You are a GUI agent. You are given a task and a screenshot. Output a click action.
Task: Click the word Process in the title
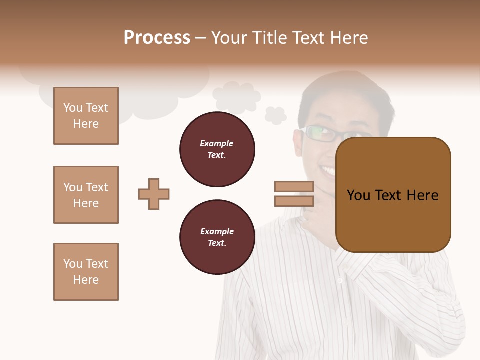click(157, 38)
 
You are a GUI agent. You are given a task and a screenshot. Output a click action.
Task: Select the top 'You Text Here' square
click(86, 116)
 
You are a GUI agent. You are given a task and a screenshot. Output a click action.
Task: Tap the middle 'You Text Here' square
click(86, 195)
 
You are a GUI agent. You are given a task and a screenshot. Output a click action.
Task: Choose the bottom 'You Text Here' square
click(86, 272)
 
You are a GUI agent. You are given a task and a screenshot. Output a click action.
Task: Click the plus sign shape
click(154, 194)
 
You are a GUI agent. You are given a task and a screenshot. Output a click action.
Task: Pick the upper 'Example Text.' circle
click(217, 149)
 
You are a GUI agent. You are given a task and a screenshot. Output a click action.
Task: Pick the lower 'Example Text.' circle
click(217, 237)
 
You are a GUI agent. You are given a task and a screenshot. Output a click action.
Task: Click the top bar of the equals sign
click(294, 186)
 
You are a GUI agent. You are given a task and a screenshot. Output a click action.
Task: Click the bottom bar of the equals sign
click(294, 201)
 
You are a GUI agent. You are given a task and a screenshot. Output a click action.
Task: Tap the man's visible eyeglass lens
click(318, 133)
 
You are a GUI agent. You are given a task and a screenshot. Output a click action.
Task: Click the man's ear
click(298, 142)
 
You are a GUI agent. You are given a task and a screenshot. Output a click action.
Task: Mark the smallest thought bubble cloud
click(275, 115)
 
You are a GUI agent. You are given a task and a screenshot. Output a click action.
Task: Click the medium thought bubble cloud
click(236, 96)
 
